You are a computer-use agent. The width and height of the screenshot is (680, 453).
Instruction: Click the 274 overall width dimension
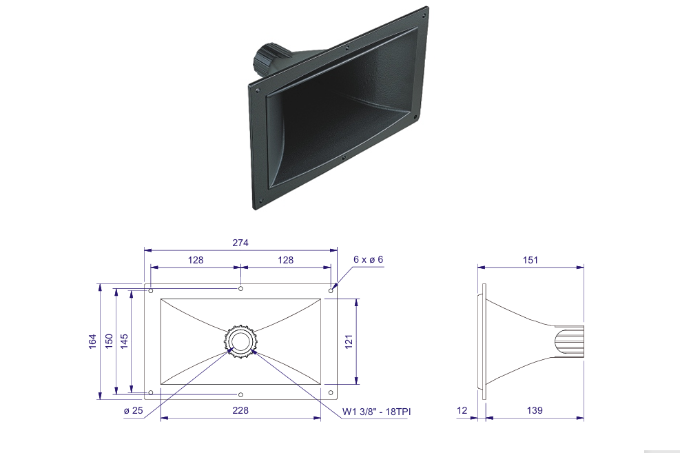tap(240, 243)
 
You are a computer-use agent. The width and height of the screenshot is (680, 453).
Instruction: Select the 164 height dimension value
tap(92, 341)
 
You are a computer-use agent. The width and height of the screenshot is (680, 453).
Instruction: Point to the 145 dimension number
tap(125, 341)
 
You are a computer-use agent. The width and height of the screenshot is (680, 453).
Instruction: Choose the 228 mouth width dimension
tap(240, 410)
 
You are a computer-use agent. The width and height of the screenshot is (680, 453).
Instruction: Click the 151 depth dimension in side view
tap(530, 260)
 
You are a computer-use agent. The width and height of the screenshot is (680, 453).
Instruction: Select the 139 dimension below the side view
tap(535, 410)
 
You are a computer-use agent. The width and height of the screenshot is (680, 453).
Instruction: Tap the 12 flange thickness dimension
tap(462, 410)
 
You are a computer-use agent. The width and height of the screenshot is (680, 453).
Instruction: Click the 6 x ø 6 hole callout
tap(368, 259)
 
